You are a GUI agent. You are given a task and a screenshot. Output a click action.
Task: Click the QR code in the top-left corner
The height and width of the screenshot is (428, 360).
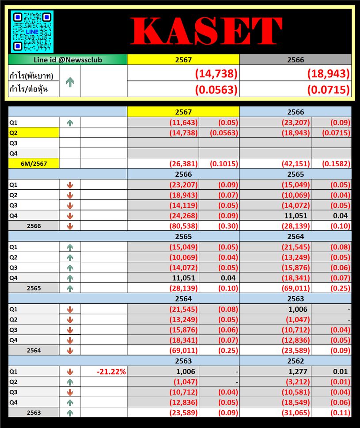click(32, 31)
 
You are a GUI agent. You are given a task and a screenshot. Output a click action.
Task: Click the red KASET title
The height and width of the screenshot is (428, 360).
click(206, 31)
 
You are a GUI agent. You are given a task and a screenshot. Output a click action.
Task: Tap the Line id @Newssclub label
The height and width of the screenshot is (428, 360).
click(68, 60)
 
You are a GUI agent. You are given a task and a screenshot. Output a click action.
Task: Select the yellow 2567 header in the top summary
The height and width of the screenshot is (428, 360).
click(183, 60)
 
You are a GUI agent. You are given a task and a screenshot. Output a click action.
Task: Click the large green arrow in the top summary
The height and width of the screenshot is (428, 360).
click(70, 82)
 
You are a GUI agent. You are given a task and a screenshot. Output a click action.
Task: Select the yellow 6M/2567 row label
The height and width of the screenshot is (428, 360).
click(34, 164)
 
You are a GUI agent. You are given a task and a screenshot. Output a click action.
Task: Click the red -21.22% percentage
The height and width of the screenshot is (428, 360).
click(112, 372)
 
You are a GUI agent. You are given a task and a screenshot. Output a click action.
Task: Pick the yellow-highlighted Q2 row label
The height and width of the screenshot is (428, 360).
click(34, 132)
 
